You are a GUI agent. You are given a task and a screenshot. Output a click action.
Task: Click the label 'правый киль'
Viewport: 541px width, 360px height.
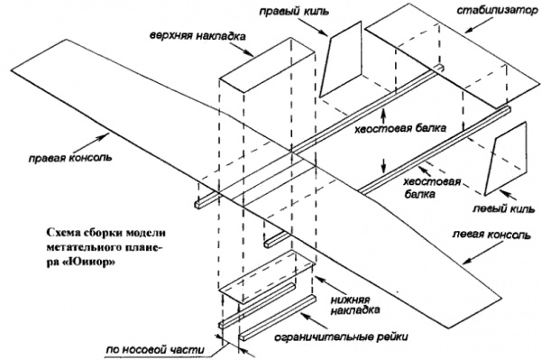[294, 11]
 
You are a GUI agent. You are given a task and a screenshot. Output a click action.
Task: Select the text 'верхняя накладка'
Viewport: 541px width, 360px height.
[197, 36]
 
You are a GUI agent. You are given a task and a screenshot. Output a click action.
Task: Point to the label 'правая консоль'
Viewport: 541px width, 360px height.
[70, 158]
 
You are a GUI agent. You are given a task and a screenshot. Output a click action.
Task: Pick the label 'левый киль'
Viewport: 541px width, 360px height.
[503, 208]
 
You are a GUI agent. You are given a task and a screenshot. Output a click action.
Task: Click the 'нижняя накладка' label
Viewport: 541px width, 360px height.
[355, 304]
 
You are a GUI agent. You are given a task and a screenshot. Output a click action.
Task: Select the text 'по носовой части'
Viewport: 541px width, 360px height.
[155, 350]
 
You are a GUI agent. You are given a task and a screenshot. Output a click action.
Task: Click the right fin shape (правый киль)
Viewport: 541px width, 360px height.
[341, 59]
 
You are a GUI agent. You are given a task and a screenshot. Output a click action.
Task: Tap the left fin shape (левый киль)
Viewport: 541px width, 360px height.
[506, 159]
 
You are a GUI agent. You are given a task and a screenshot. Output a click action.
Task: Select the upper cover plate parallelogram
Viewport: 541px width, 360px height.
[268, 66]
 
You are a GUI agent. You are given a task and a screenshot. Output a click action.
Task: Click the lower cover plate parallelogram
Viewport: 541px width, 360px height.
[268, 277]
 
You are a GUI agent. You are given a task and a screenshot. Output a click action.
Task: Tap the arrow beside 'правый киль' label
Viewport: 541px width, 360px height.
[314, 27]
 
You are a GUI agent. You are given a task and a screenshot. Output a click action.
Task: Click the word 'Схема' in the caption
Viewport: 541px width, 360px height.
[63, 233]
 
